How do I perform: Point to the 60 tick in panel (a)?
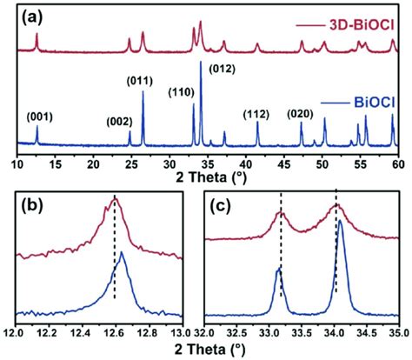pos(396,163)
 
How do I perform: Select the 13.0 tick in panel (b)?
pos(180,332)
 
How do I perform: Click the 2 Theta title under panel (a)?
pos(206,180)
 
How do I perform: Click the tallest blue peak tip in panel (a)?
pos(202,63)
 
